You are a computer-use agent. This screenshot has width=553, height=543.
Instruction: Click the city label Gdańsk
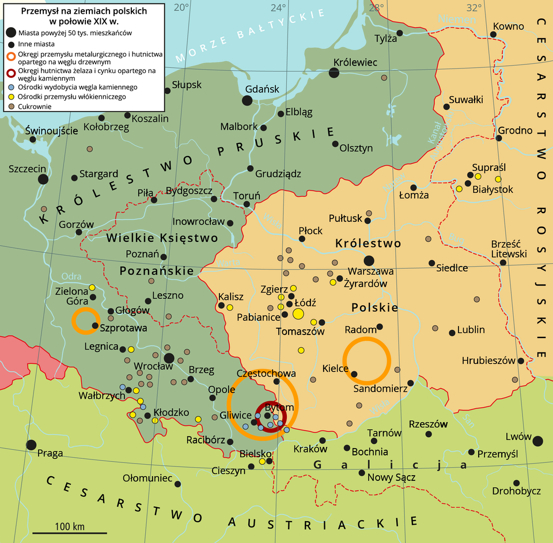(262, 89)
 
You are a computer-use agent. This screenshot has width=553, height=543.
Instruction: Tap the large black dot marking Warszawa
(369, 260)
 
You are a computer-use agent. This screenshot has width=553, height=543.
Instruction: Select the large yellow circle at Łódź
(298, 314)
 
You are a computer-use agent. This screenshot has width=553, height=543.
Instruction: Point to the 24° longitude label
(279, 7)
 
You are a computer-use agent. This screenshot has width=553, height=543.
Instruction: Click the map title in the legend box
(84, 16)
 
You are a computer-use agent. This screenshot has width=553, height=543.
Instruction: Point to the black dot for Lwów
(537, 441)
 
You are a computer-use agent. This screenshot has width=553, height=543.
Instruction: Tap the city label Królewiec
(355, 62)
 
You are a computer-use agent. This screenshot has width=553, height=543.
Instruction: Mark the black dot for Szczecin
(43, 179)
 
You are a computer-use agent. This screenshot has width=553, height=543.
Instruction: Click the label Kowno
(508, 26)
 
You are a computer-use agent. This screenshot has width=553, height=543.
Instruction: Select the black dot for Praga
(31, 445)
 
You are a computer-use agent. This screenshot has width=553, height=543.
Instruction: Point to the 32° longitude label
(474, 7)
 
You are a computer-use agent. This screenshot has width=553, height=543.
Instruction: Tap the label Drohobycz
(516, 491)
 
